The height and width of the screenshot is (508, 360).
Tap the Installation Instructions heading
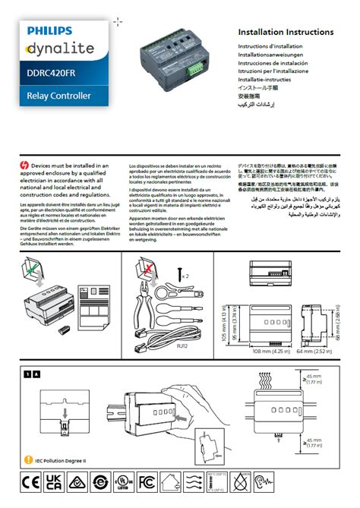pyautogui.click(x=286, y=33)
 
